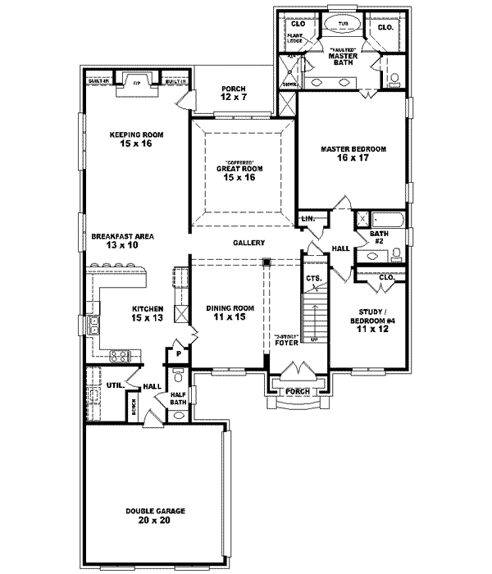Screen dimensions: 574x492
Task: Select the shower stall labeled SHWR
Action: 289,69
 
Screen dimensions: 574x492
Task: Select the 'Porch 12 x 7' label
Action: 232,93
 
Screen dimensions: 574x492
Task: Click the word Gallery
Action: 248,243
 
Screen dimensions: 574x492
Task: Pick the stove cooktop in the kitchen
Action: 120,355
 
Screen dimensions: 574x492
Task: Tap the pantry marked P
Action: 178,354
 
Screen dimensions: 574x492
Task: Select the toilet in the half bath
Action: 179,379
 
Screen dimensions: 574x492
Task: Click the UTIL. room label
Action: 114,385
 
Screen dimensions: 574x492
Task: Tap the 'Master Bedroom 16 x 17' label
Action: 352,153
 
